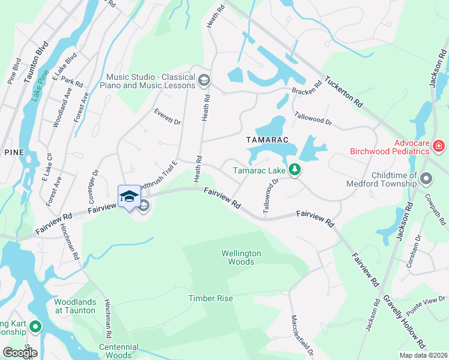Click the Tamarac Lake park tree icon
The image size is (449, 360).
tap(294, 170)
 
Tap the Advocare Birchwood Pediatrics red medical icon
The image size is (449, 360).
tap(439, 146)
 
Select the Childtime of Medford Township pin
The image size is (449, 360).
tap(426, 178)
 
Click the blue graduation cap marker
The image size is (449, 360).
tap(129, 196)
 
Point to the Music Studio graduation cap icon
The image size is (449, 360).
tap(203, 80)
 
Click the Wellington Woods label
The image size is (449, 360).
tap(241, 257)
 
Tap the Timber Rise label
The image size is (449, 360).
tap(210, 298)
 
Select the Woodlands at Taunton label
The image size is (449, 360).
tap(74, 306)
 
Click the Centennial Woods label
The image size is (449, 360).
tap(119, 351)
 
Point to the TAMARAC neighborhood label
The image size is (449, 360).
tap(268, 140)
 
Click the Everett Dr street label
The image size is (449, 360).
tap(167, 117)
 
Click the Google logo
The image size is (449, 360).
tap(19, 353)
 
